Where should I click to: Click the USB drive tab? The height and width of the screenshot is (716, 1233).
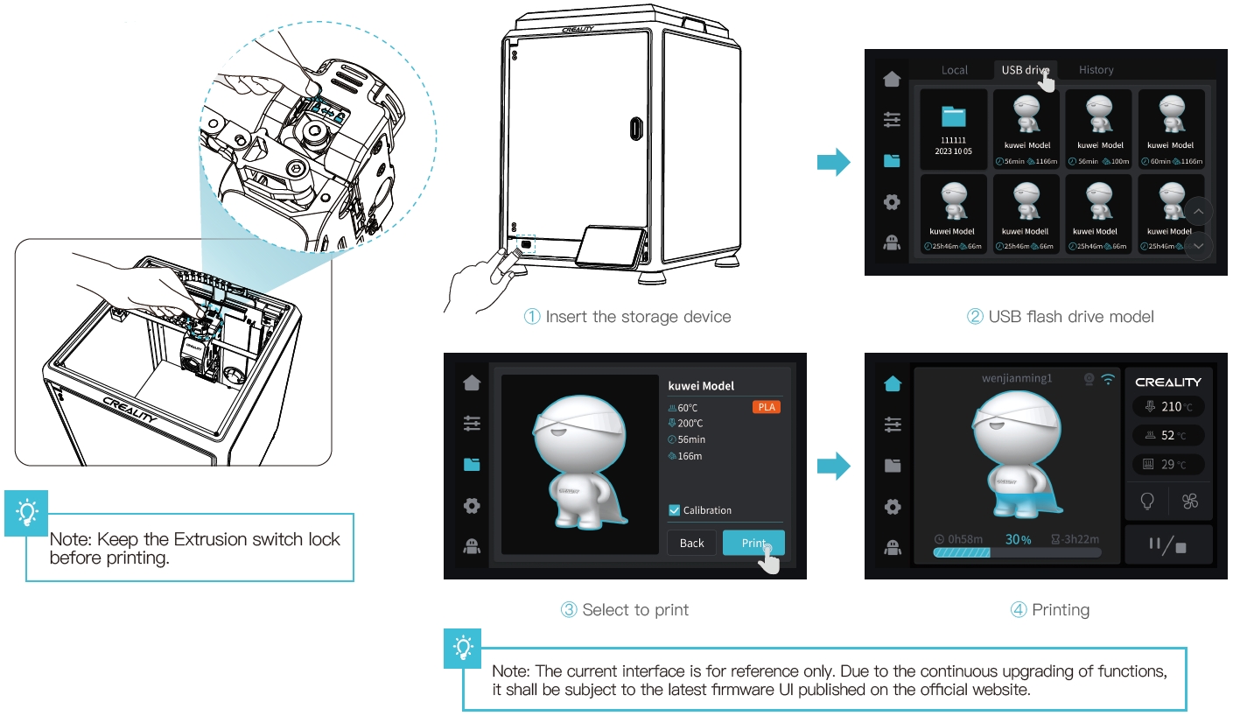click(1025, 70)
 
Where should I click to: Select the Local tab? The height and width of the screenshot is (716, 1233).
click(954, 70)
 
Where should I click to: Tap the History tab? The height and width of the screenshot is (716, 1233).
click(1096, 70)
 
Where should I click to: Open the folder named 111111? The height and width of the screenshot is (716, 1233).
click(953, 130)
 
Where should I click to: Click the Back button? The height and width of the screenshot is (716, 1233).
click(691, 543)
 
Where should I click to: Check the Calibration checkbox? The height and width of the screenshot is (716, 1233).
click(674, 510)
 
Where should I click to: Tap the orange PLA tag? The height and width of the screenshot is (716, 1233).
click(766, 407)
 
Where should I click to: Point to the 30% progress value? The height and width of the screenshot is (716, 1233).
click(1018, 539)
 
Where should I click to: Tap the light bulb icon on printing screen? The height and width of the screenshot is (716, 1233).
click(1146, 502)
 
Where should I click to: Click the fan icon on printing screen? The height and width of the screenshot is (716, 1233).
click(1189, 502)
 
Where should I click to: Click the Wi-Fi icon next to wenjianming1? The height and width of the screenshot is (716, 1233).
click(1109, 379)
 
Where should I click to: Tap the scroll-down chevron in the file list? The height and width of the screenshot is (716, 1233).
click(1198, 247)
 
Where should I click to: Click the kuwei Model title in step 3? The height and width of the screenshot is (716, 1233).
click(700, 385)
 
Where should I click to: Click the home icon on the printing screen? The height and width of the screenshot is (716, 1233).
click(892, 383)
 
